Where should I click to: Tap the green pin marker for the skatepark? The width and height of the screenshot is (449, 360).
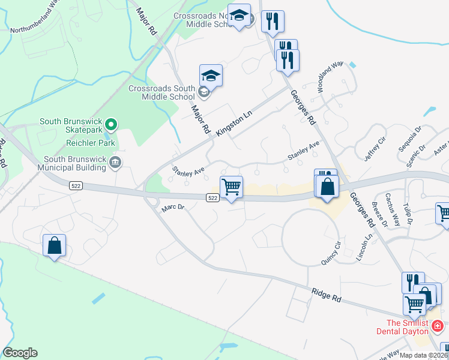tap(110, 125)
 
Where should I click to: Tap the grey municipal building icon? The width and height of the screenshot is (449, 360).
tap(115, 161)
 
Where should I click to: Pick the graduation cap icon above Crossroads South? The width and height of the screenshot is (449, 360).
tap(211, 76)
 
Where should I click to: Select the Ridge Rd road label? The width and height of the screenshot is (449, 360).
tap(326, 295)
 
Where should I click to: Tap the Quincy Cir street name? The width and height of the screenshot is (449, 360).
tap(331, 253)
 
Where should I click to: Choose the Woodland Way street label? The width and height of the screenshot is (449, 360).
tap(330, 76)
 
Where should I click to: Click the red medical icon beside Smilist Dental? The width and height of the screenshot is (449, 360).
tap(438, 326)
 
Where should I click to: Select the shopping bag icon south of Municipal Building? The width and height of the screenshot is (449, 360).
tap(54, 245)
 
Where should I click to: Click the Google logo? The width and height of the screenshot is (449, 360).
tap(20, 353)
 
